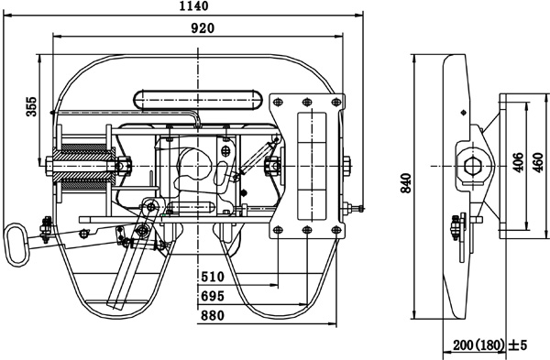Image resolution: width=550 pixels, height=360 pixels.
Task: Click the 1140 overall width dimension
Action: (193, 6)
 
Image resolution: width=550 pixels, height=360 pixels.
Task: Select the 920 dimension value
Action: (203, 28)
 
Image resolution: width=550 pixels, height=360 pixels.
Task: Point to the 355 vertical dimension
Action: (32, 106)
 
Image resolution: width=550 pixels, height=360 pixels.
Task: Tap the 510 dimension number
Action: (213, 277)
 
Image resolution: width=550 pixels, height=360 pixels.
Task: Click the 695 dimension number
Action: (213, 296)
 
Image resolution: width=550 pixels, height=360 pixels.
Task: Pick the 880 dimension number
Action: (213, 316)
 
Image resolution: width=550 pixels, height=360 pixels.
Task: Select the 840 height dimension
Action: (406, 182)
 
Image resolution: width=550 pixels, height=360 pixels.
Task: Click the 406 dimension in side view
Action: (518, 162)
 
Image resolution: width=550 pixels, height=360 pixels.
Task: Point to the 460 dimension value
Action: (538, 162)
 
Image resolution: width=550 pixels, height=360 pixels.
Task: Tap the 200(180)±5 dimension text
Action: (490, 345)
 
